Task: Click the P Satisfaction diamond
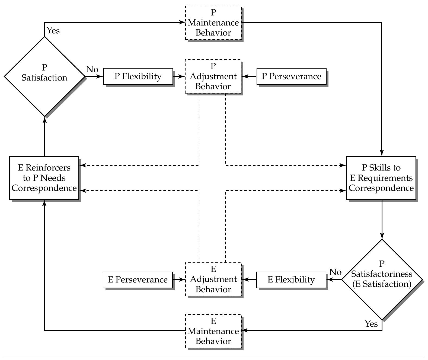[44, 77]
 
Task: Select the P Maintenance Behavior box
[213, 23]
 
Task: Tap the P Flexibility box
[138, 76]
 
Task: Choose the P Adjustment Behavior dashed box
[213, 76]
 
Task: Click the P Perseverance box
[291, 76]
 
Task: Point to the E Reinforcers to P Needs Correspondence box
[44, 178]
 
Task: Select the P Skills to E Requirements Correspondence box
[381, 178]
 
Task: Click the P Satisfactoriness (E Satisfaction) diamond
[382, 279]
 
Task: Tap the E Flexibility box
[291, 279]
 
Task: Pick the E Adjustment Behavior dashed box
[213, 279]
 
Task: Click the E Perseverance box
[138, 279]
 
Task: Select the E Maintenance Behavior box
[213, 331]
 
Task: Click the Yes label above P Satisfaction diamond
[53, 31]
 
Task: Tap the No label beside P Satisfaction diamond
[92, 69]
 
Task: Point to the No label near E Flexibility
[336, 272]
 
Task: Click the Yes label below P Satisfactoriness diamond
[371, 324]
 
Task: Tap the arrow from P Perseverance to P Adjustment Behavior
[249, 76]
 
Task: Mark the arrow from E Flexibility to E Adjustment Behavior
[249, 279]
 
